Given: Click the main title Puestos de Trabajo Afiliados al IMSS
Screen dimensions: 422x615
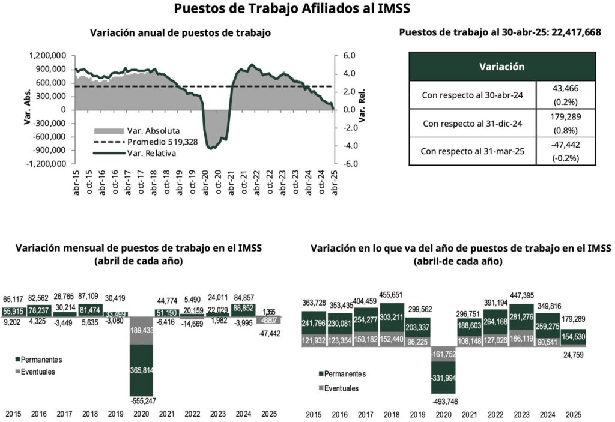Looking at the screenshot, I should pos(292,9).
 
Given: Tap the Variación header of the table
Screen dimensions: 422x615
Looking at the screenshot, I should pos(501,67).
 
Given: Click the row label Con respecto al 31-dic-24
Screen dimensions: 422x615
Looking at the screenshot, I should pos(472,123).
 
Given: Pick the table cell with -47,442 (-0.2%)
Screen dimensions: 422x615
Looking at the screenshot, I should pos(565,151).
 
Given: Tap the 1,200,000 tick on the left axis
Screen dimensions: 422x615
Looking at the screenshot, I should pos(47,56).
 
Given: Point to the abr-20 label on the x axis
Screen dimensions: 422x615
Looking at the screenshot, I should pos(204,181).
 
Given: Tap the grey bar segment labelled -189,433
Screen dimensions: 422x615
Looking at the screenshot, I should pos(141,330).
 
